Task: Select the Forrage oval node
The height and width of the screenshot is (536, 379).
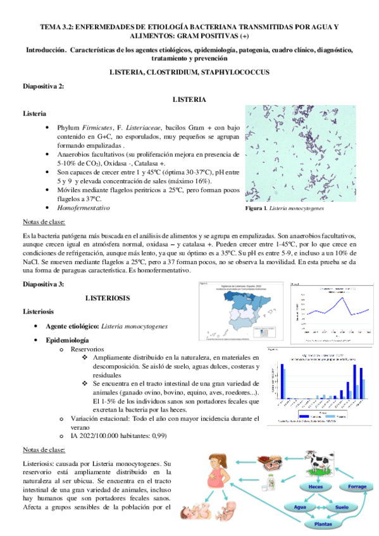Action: coord(354,486)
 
